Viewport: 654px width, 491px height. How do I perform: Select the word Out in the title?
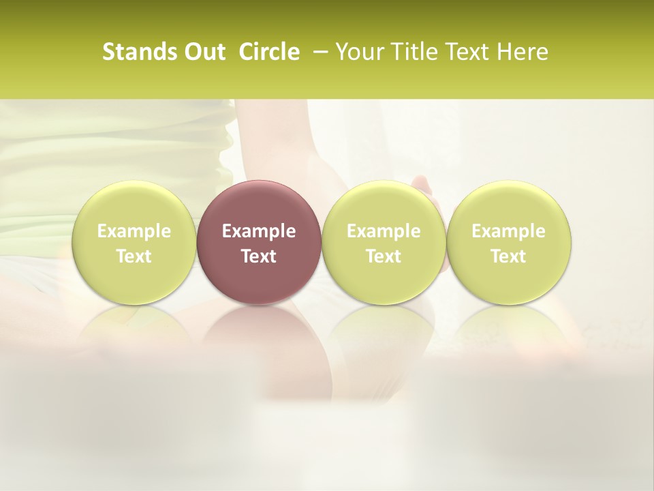click(203, 52)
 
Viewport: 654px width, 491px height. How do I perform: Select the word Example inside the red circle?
click(259, 231)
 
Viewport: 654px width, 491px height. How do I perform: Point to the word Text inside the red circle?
click(259, 256)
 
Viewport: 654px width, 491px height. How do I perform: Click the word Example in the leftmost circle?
click(134, 231)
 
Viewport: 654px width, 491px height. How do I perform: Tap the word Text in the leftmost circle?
click(134, 256)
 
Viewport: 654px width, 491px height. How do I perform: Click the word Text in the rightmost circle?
click(509, 256)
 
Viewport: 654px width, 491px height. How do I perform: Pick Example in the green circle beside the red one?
click(384, 231)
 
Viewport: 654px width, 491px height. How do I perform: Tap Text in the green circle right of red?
click(384, 256)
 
